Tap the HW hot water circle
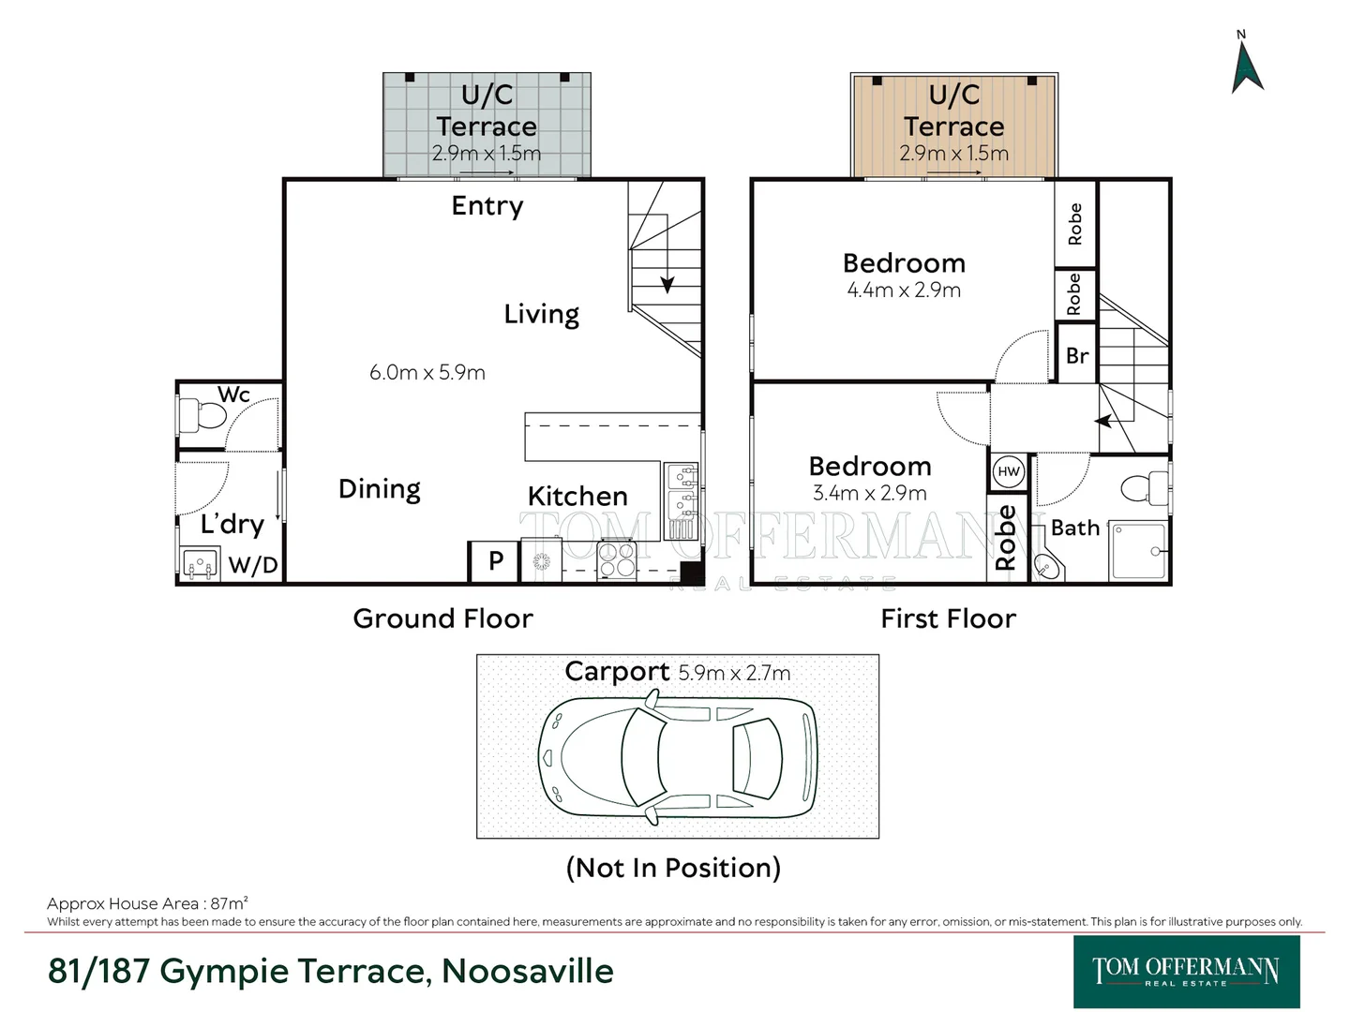pyautogui.click(x=1008, y=472)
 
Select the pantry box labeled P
pyautogui.click(x=494, y=561)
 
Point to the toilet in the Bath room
pyautogui.click(x=1144, y=487)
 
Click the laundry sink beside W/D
pyautogui.click(x=201, y=563)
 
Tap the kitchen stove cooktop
pyautogui.click(x=616, y=559)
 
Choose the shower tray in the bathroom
pyautogui.click(x=1138, y=551)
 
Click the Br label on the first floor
pyautogui.click(x=1077, y=356)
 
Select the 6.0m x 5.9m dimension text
pyautogui.click(x=427, y=372)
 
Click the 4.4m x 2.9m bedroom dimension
pyautogui.click(x=904, y=290)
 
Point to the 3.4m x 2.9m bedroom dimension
pyautogui.click(x=870, y=493)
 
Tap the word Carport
pyautogui.click(x=617, y=672)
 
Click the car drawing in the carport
pyautogui.click(x=678, y=758)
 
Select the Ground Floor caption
pyautogui.click(x=442, y=618)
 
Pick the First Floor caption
pyautogui.click(x=949, y=618)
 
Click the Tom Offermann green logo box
pyautogui.click(x=1186, y=972)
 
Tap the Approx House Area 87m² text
pyautogui.click(x=147, y=903)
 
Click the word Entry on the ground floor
pyautogui.click(x=487, y=206)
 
